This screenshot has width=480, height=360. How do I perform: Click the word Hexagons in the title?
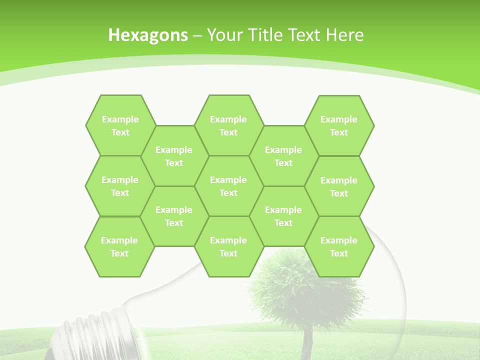[148, 35]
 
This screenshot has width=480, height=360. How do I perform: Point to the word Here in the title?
[344, 35]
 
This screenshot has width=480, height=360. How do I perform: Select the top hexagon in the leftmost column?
[120, 125]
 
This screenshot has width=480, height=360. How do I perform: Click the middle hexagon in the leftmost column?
[120, 186]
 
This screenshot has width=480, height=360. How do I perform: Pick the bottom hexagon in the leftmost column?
[119, 246]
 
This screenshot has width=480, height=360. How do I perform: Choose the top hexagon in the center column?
[228, 125]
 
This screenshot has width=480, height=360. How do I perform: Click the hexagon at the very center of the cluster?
[228, 186]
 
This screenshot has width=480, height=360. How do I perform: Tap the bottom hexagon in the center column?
[228, 246]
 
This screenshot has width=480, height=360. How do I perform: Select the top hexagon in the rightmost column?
[339, 125]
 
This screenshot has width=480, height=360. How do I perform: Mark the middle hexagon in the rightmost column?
[339, 186]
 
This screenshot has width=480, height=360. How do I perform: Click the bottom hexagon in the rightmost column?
[339, 246]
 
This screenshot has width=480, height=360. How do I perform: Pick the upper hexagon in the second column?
[174, 156]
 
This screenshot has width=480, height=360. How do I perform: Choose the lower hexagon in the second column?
[174, 216]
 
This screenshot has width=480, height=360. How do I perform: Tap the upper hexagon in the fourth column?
[283, 156]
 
